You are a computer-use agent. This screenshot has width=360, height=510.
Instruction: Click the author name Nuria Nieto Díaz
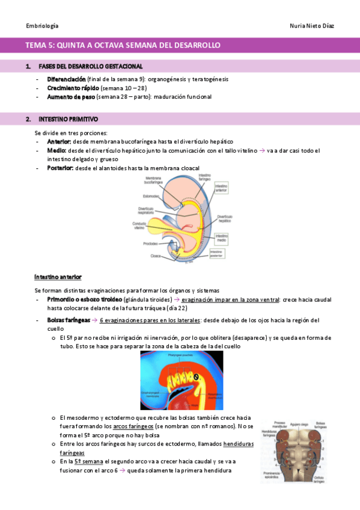click(x=311, y=26)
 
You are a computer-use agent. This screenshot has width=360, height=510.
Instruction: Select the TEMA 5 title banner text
click(x=123, y=45)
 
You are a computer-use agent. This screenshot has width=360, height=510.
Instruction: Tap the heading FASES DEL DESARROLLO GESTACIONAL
click(x=90, y=66)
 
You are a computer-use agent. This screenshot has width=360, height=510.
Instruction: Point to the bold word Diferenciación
click(x=66, y=79)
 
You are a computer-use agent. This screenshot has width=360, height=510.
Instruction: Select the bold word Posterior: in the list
click(x=60, y=168)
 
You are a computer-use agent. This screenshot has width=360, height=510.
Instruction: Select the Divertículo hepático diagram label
click(x=224, y=219)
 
